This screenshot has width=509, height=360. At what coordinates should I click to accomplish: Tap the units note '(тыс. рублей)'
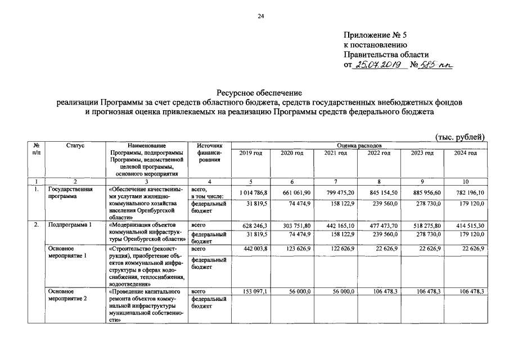460,137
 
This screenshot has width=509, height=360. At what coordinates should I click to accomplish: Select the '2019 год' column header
250,154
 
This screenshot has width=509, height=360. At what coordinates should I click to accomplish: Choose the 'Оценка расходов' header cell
358,146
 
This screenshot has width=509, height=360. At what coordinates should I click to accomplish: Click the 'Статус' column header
75,146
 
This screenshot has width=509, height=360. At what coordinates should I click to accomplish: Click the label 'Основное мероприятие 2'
67,295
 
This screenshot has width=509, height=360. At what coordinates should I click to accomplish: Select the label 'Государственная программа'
70,193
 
